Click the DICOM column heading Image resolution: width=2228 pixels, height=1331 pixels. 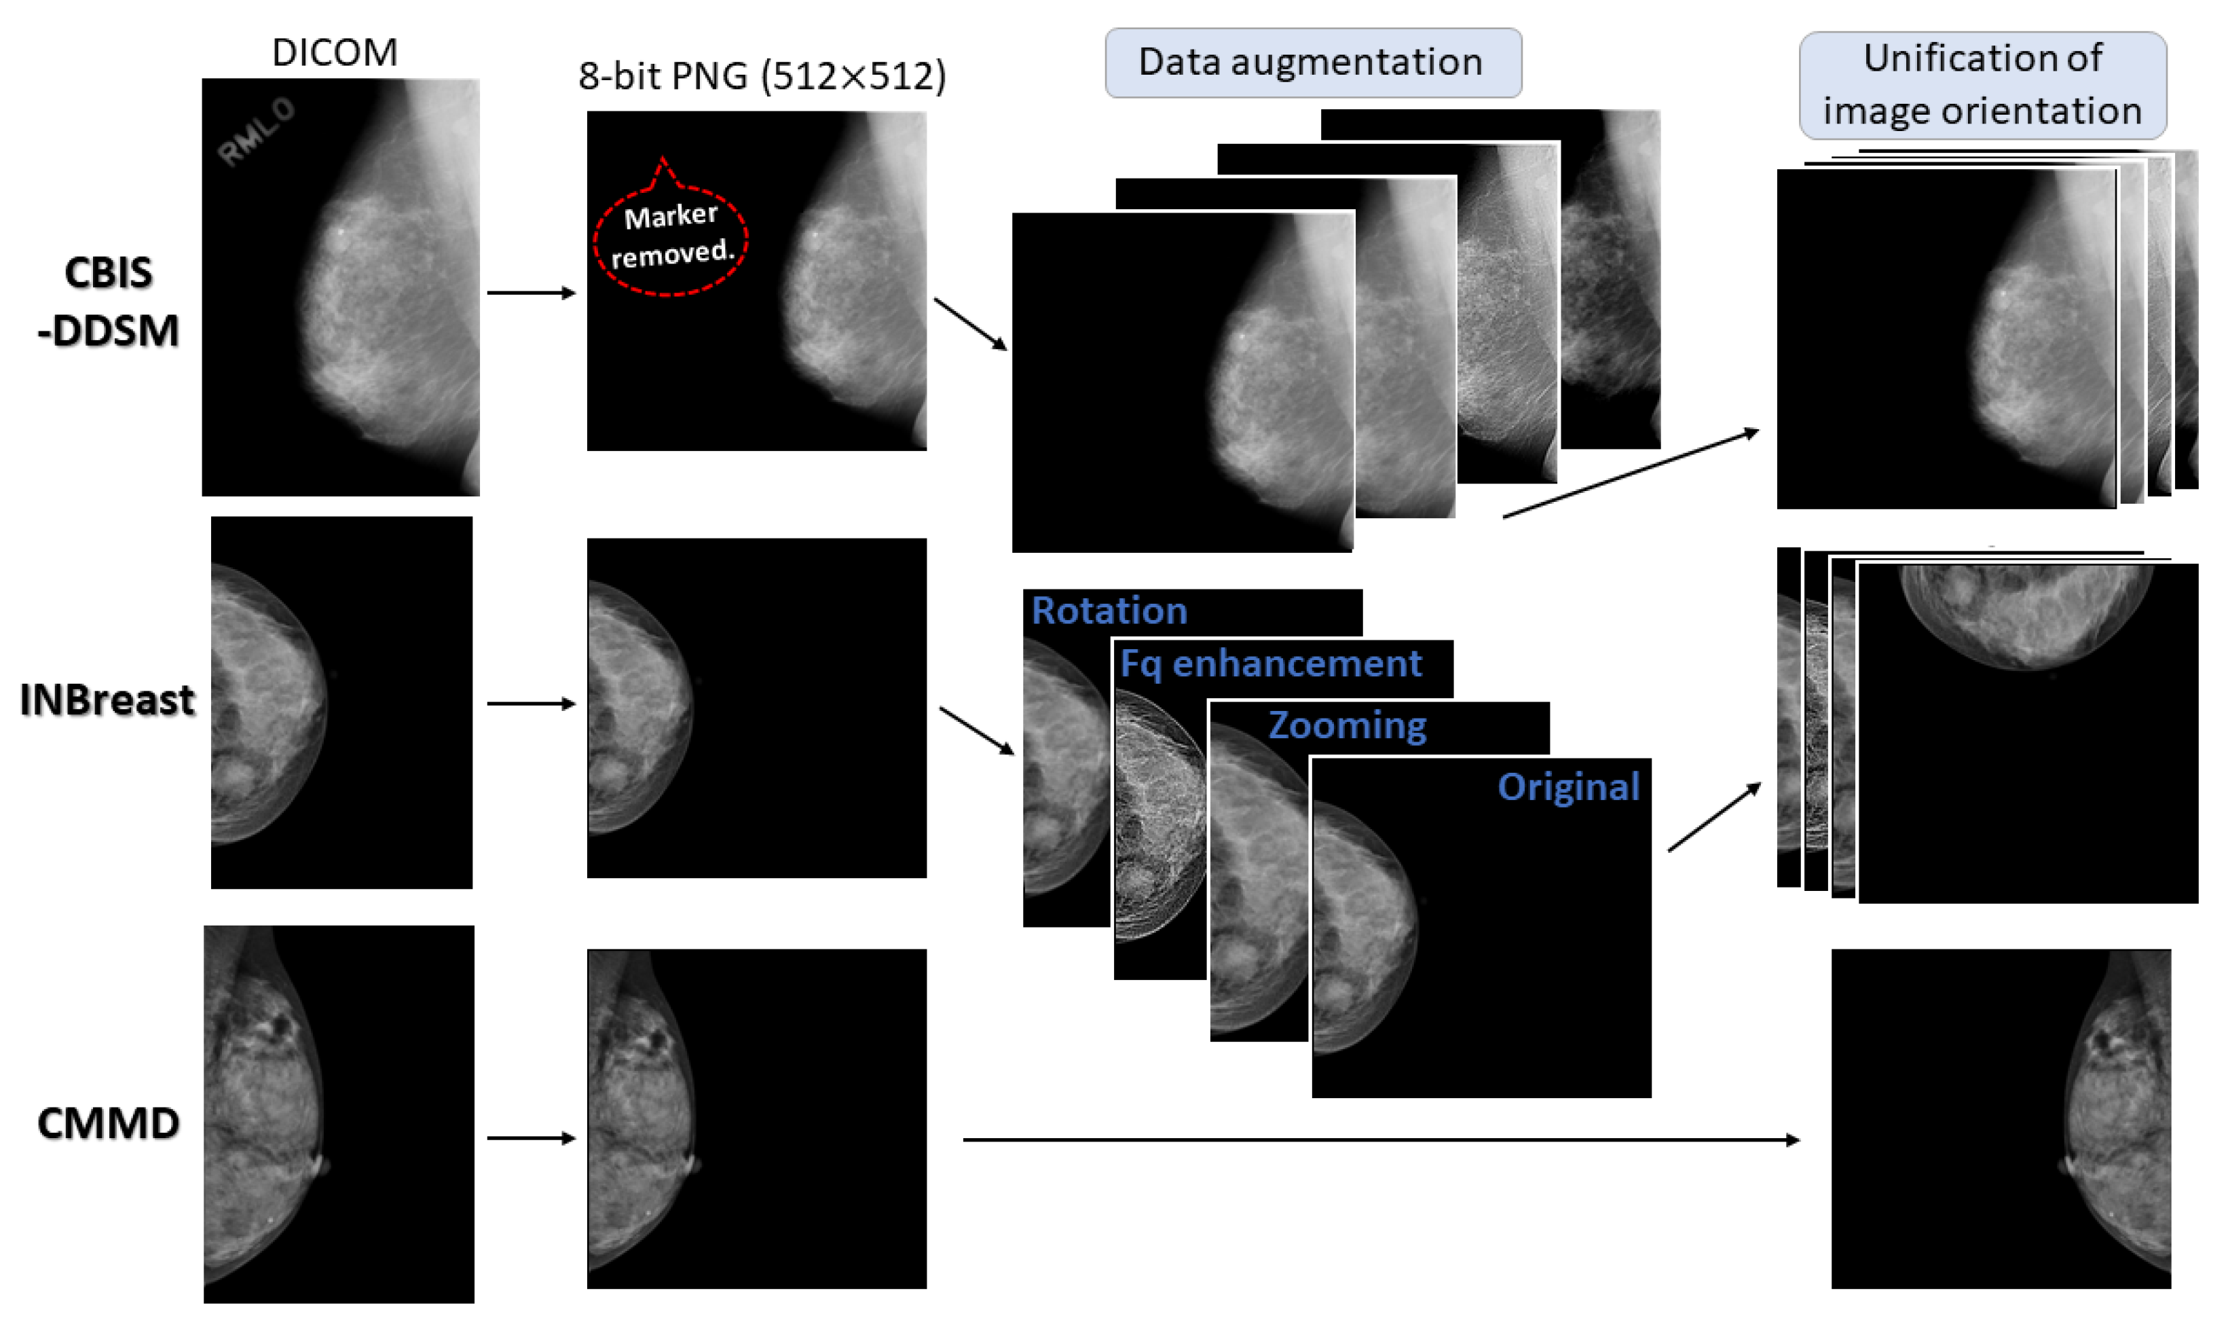click(x=335, y=53)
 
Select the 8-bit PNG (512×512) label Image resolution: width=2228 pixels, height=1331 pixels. click(x=761, y=76)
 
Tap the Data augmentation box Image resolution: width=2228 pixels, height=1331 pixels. click(x=1312, y=62)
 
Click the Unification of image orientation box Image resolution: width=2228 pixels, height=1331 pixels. click(x=1982, y=85)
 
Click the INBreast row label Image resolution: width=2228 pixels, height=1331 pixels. click(x=107, y=699)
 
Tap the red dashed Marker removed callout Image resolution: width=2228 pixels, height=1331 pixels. click(x=671, y=236)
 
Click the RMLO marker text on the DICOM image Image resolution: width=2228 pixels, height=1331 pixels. click(x=257, y=132)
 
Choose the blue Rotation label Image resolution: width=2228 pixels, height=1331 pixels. click(x=1109, y=610)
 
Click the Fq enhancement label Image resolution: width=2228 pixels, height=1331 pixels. click(x=1270, y=663)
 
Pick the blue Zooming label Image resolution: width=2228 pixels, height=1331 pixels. click(x=1347, y=725)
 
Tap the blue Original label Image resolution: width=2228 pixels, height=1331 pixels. click(x=1568, y=786)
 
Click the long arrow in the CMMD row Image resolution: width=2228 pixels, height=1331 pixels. click(x=1381, y=1140)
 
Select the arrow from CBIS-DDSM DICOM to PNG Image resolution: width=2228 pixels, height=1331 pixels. click(x=531, y=293)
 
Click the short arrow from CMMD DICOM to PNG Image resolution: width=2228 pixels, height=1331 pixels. click(x=531, y=1138)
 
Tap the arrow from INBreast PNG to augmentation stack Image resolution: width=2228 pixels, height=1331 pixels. click(x=976, y=730)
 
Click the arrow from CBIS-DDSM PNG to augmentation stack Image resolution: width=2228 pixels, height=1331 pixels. click(x=971, y=324)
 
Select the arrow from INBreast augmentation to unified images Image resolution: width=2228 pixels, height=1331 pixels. click(x=1714, y=817)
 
